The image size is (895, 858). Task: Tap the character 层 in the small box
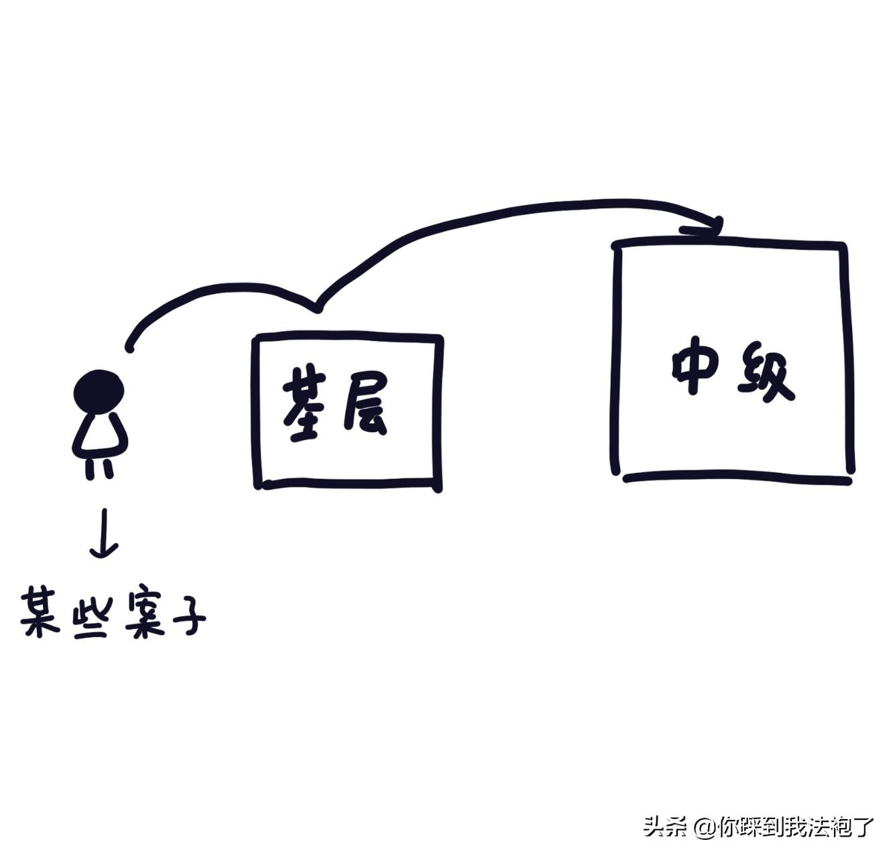point(365,409)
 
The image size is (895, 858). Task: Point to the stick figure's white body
point(100,433)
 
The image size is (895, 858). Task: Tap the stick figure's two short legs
point(99,468)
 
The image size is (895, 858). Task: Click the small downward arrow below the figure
point(104,534)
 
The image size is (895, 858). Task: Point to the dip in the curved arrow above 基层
point(316,308)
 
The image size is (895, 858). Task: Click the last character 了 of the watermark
point(866,827)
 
